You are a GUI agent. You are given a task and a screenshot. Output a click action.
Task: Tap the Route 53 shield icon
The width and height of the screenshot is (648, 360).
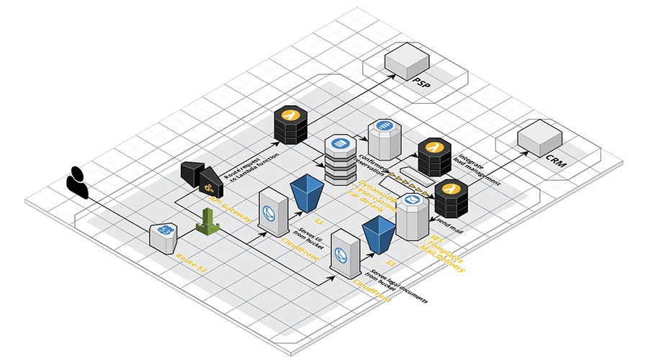pyautogui.click(x=164, y=236)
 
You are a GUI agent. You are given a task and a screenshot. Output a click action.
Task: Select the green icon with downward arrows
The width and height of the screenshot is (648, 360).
pyautogui.click(x=207, y=222)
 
